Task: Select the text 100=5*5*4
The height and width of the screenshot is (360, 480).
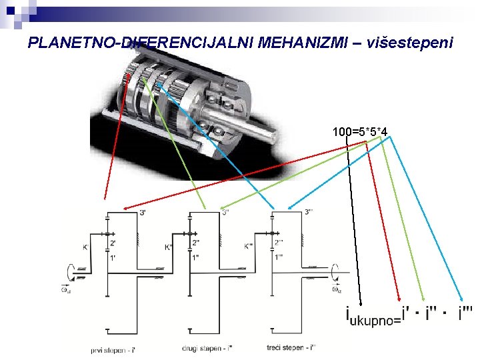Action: click(361, 131)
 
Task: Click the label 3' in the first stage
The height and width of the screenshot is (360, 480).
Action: click(143, 213)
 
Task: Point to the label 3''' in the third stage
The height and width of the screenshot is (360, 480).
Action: click(310, 213)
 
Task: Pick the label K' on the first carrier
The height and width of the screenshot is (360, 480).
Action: click(85, 247)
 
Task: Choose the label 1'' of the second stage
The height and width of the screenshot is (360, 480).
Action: click(195, 257)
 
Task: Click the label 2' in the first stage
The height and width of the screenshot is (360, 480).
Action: click(113, 243)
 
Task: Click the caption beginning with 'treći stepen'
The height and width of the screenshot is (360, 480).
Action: click(291, 348)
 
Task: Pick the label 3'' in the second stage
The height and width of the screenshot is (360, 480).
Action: click(226, 213)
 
